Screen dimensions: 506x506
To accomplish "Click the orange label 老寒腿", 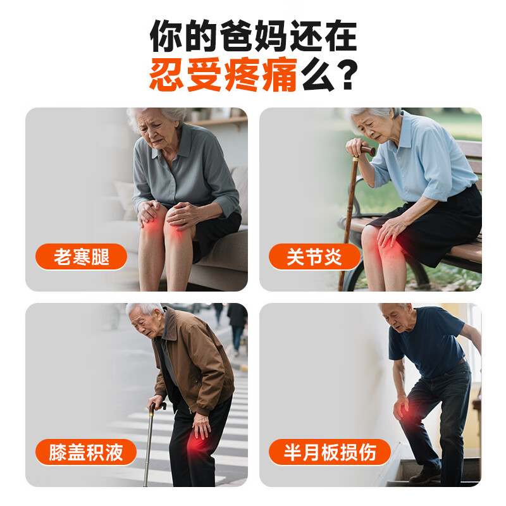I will pyautogui.click(x=81, y=257).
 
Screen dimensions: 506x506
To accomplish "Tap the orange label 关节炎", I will pyautogui.click(x=314, y=257).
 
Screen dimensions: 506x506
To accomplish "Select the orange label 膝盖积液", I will pyautogui.click(x=85, y=452).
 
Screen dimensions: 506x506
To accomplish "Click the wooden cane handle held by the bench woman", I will pyautogui.click(x=366, y=151).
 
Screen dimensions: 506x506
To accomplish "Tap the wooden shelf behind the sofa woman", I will pyautogui.click(x=218, y=121).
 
